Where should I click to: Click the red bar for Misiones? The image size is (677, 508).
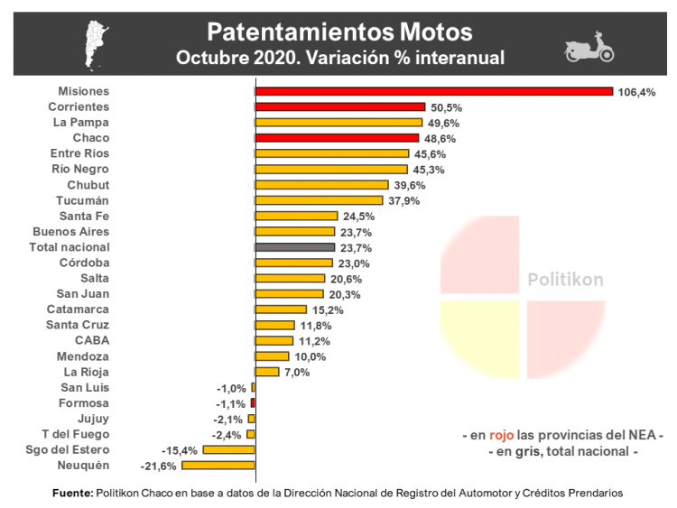coord(434,91)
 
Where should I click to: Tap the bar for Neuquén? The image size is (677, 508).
coord(218,466)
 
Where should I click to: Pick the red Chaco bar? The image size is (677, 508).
coord(337,138)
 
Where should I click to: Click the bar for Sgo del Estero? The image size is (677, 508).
coord(229,449)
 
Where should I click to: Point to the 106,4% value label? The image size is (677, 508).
coord(636,92)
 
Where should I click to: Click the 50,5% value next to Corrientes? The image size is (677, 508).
coord(443,107)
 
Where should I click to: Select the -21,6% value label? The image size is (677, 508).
coord(159,466)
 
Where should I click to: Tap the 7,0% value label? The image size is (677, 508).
coord(297,372)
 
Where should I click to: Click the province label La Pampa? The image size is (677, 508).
coord(80,122)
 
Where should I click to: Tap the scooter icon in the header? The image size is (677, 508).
coord(589,50)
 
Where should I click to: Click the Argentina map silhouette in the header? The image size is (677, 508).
coord(95,43)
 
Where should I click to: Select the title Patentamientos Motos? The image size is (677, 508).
coord(339,32)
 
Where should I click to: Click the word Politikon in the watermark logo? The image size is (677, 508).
coord(565,280)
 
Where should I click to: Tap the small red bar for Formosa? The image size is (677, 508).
coord(253,402)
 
